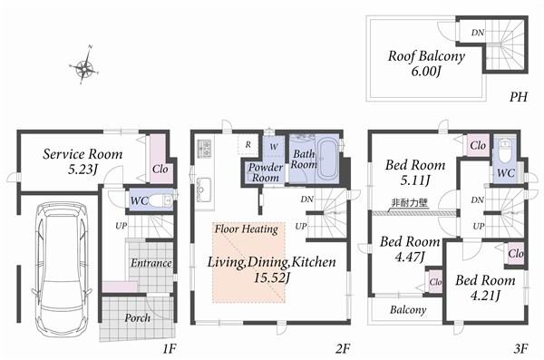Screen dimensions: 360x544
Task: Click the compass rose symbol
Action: (84, 66)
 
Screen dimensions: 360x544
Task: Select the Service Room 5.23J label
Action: (83, 161)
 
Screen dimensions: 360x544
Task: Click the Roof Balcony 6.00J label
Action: (426, 63)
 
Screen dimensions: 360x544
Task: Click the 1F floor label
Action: (169, 347)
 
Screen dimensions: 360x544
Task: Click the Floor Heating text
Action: (246, 229)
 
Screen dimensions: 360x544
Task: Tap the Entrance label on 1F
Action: (151, 263)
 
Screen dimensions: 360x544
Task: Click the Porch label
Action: (137, 318)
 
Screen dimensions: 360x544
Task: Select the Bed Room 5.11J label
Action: (414, 172)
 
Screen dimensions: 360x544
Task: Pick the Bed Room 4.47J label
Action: (409, 249)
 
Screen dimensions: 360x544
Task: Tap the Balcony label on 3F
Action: (408, 310)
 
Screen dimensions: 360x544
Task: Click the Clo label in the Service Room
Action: (160, 168)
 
